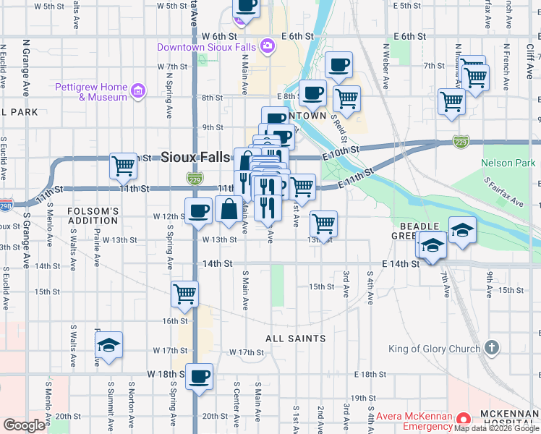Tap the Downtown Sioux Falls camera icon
pyautogui.click(x=268, y=47)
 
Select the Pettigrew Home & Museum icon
pyautogui.click(x=137, y=92)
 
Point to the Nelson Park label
pyautogui.click(x=508, y=163)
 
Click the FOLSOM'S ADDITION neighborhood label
pyautogui.click(x=92, y=216)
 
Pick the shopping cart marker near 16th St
pyautogui.click(x=185, y=293)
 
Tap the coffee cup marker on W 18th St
pyautogui.click(x=199, y=376)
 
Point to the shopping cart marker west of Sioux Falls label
pyautogui.click(x=124, y=166)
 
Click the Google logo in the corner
pyautogui.click(x=24, y=425)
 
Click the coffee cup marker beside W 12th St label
pyautogui.click(x=199, y=211)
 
